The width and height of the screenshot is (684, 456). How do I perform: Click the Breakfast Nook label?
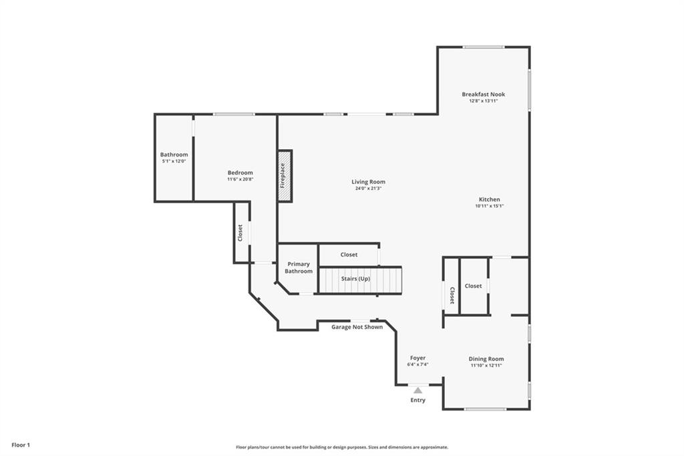[x=483, y=94]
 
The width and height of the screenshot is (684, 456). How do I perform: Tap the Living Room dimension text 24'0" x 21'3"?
[x=368, y=189]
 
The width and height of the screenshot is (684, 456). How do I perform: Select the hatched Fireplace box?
[x=285, y=175]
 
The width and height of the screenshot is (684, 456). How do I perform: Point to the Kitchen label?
[x=489, y=199]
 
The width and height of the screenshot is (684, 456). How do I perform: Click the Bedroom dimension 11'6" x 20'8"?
[x=240, y=179]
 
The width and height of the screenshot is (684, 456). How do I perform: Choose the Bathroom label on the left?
[x=174, y=154]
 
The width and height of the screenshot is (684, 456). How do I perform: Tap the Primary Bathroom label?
[x=299, y=267]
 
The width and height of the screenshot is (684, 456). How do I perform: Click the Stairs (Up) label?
[x=355, y=279]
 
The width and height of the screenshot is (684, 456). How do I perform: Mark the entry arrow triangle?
[x=417, y=390]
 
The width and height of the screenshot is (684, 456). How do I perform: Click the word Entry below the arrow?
[x=417, y=400]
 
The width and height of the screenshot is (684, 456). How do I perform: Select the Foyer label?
[x=417, y=358]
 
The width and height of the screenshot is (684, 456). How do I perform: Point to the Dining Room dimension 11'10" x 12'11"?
[x=486, y=365]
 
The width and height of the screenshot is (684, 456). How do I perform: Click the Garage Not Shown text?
[x=357, y=327]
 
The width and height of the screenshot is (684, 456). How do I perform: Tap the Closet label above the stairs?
[x=349, y=255]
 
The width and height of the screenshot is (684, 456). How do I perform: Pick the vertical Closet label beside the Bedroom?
[x=240, y=233]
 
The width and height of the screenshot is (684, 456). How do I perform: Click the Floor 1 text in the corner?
[x=21, y=445]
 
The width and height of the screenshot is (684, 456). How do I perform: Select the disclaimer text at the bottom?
[x=341, y=447]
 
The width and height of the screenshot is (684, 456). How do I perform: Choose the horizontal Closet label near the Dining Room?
[x=473, y=286]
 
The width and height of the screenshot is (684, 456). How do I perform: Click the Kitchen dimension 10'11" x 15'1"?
[x=489, y=206]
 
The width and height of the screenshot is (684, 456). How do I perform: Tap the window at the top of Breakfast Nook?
[x=484, y=47]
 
